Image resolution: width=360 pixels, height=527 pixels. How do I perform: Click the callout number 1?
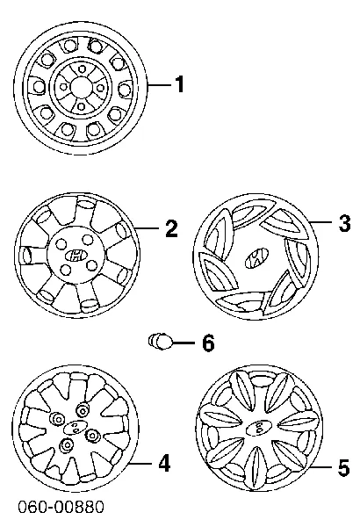(x=180, y=84)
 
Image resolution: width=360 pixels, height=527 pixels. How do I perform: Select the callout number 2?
(x=171, y=229)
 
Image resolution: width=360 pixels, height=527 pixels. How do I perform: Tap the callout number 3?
(x=344, y=223)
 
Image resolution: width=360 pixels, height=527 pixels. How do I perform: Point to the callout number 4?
(x=164, y=464)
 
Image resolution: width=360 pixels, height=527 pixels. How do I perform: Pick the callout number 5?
(x=343, y=467)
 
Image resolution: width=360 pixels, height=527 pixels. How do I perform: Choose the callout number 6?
(x=208, y=343)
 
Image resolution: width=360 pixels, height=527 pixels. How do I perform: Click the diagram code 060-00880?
(x=61, y=507)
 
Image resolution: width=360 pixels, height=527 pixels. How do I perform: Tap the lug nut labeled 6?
(x=160, y=341)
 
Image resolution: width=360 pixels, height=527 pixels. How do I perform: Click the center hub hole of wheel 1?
(x=81, y=87)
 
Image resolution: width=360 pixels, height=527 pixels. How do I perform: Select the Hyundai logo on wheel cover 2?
(x=76, y=256)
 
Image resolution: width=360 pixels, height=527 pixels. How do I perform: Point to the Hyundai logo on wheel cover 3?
(x=256, y=258)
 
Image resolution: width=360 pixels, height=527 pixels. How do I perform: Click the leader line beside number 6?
(x=184, y=343)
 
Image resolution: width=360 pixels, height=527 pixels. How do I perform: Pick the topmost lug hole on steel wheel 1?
(x=81, y=69)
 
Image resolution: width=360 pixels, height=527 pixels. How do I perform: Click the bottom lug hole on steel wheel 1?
(x=81, y=106)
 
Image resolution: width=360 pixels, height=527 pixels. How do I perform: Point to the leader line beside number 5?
(x=322, y=467)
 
